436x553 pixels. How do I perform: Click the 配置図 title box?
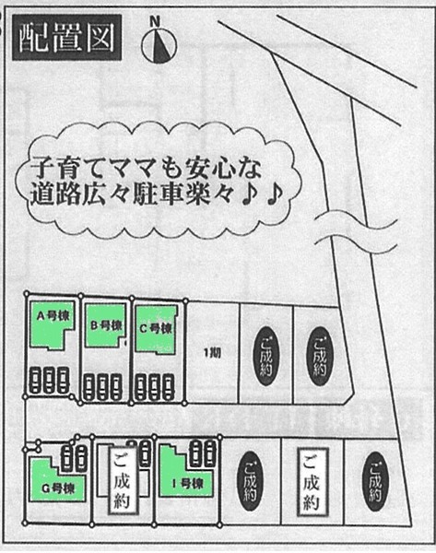click(67, 37)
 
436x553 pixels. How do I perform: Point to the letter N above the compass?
click(155, 22)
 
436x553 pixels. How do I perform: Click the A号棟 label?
click(53, 316)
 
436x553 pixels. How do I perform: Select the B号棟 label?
click(106, 325)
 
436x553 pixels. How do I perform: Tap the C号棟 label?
click(156, 328)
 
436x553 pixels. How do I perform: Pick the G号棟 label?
click(58, 488)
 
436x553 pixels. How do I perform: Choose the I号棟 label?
click(188, 484)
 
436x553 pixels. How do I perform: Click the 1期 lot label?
click(213, 353)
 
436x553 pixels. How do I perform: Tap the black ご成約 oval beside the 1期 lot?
click(266, 356)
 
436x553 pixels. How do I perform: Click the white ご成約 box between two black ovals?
click(312, 482)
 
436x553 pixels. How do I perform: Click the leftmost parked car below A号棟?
click(35, 380)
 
